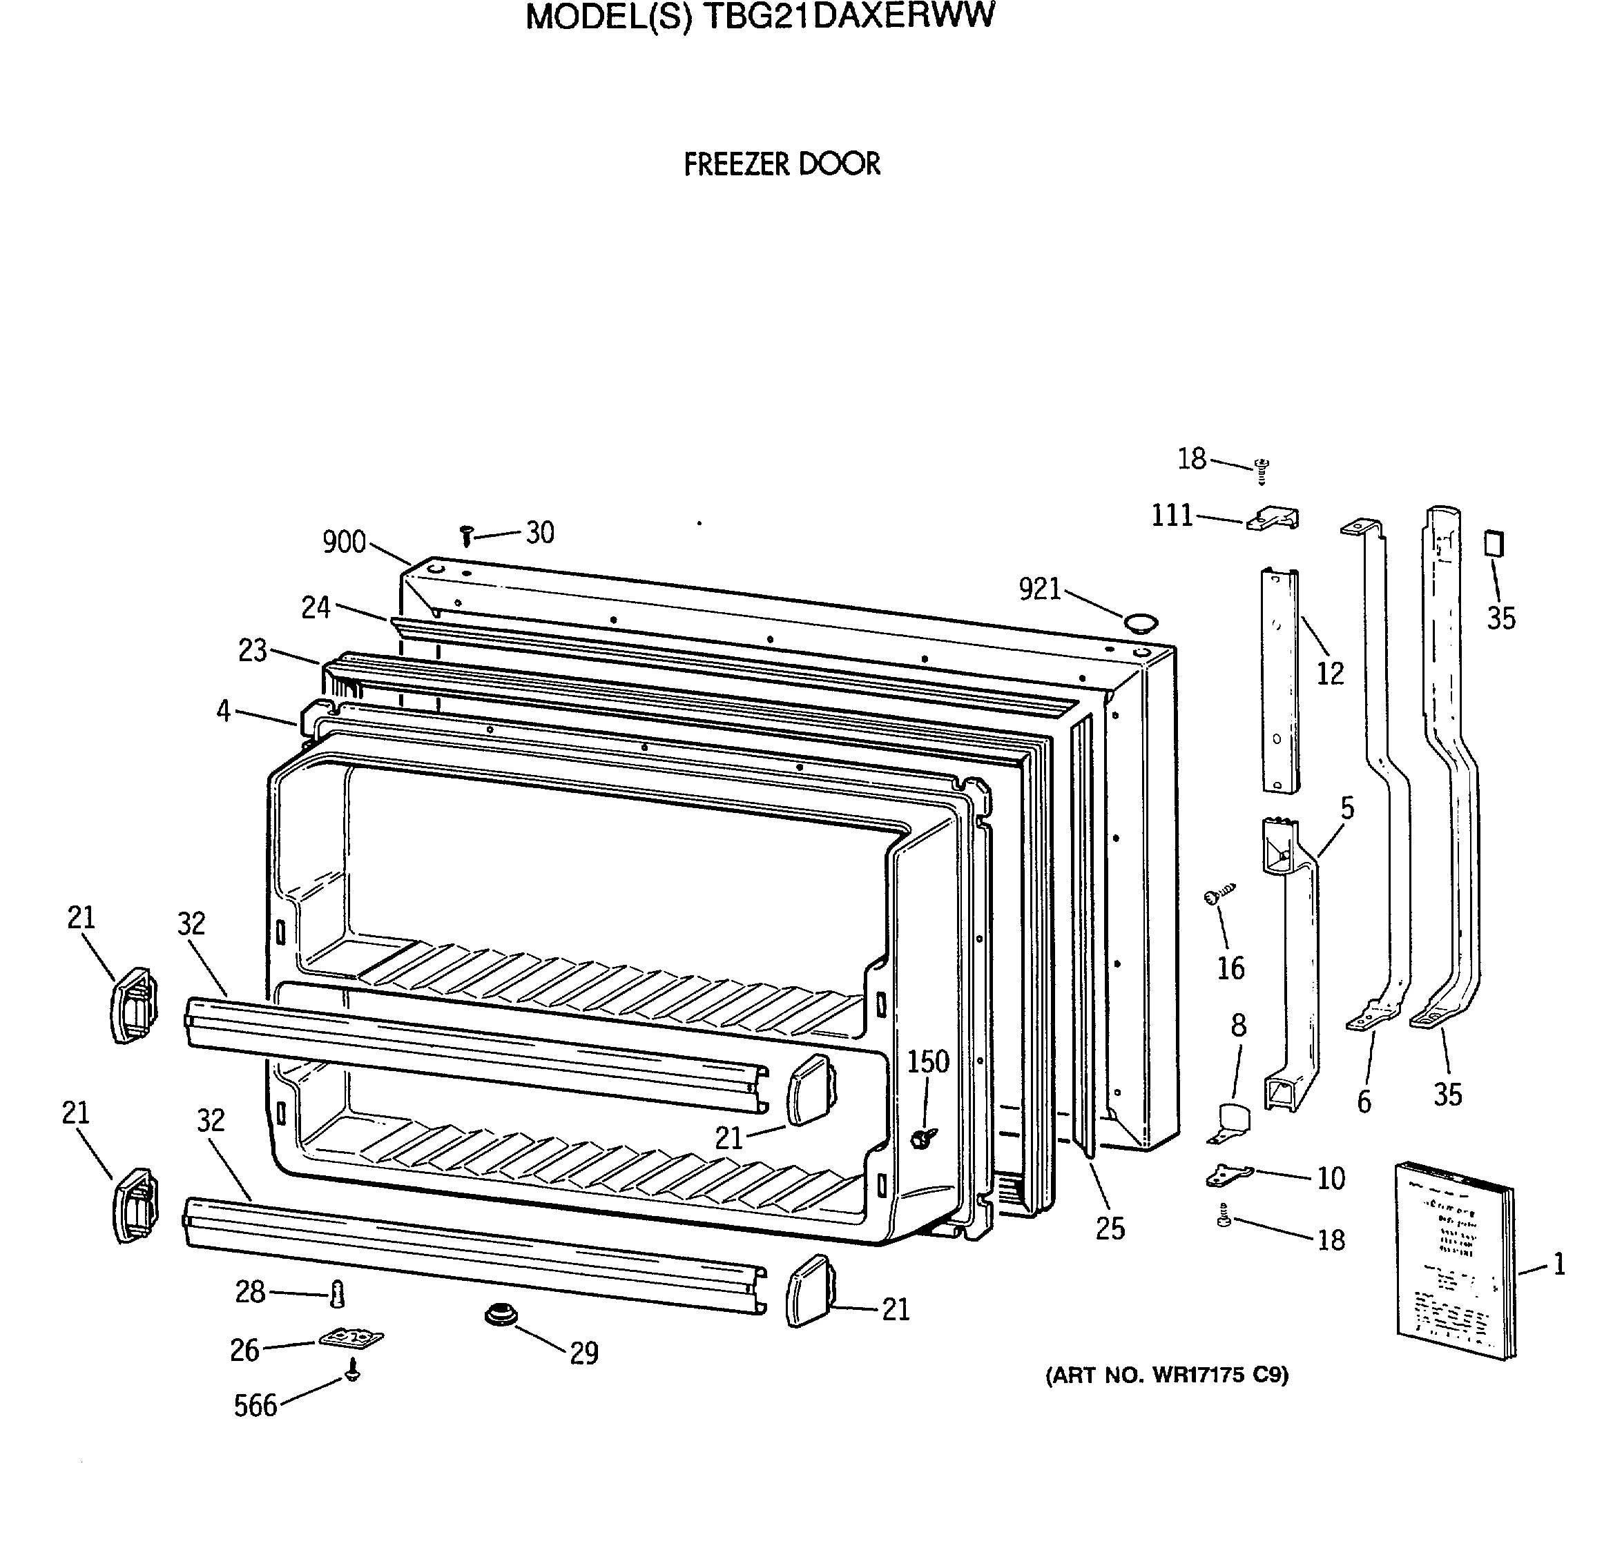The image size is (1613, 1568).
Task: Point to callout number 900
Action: click(x=344, y=542)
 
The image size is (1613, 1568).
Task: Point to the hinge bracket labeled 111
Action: click(x=1273, y=519)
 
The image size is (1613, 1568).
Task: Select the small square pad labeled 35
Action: click(x=1494, y=544)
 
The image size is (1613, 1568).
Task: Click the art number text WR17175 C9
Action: click(x=1166, y=1375)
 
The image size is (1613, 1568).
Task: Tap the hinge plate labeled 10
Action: click(x=1228, y=1175)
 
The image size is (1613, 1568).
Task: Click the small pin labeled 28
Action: click(x=336, y=1295)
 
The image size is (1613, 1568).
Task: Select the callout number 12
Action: click(x=1330, y=674)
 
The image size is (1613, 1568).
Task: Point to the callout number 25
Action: click(x=1110, y=1228)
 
